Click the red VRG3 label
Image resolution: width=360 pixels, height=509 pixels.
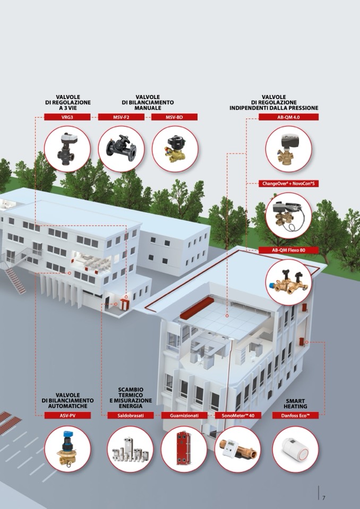[67, 117]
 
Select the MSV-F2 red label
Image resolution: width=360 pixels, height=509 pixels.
[121, 117]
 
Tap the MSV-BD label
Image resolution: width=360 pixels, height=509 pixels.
[174, 117]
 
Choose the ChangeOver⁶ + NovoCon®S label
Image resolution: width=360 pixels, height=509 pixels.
[289, 183]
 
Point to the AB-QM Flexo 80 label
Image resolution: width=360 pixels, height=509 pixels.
[289, 250]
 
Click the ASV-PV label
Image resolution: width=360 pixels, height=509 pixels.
[67, 416]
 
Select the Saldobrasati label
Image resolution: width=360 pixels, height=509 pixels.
[131, 416]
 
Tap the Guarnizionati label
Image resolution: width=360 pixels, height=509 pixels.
[184, 416]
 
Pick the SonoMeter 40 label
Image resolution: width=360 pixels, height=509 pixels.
[238, 416]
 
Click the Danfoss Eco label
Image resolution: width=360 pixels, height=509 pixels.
[295, 416]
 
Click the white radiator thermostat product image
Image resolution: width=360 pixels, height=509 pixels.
[295, 450]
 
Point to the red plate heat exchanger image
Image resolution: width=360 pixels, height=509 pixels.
[184, 450]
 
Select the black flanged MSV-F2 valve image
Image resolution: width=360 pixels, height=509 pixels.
[122, 148]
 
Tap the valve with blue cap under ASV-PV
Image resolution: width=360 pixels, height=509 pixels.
[67, 450]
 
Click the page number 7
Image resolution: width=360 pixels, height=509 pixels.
[323, 497]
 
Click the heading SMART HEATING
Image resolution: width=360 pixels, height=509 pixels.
[295, 403]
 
